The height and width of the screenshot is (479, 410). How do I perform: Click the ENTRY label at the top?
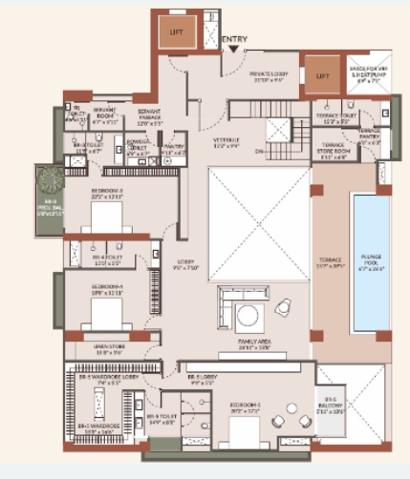click(235, 39)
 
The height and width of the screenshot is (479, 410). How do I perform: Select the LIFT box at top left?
click(176, 32)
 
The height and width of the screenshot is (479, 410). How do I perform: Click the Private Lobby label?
click(269, 76)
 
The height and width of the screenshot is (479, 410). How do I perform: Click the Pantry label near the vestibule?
click(173, 149)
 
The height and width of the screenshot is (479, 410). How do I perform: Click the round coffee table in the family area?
click(247, 316)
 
